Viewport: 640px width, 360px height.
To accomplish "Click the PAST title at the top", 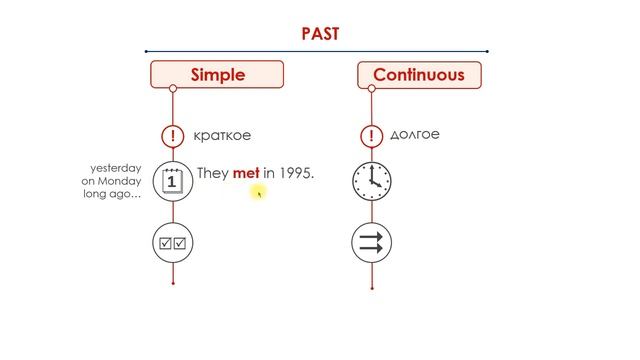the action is point(320,33).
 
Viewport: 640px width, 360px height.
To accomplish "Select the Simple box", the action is point(217,74).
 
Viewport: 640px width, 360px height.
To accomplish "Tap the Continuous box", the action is point(418,74).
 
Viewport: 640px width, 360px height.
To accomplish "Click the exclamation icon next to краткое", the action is point(173,135).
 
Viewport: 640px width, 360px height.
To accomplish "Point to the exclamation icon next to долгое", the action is point(372,135).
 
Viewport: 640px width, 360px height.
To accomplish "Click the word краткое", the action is point(224,135).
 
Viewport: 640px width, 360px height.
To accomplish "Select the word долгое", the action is point(416,134).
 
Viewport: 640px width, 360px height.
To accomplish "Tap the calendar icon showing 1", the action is point(173,181).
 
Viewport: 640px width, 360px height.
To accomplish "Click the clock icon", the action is point(372,181).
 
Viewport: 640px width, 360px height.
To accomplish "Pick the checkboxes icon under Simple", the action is point(173,243).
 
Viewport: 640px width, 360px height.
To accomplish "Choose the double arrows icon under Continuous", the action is point(372,243).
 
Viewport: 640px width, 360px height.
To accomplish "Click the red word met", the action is point(246,173).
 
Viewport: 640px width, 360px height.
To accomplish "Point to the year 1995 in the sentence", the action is point(295,173).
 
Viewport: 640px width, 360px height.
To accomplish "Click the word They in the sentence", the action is point(213,173).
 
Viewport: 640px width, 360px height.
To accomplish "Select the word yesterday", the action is point(116,167).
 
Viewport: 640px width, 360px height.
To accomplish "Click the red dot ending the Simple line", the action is point(173,283).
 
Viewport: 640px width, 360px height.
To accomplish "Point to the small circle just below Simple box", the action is point(173,89).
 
